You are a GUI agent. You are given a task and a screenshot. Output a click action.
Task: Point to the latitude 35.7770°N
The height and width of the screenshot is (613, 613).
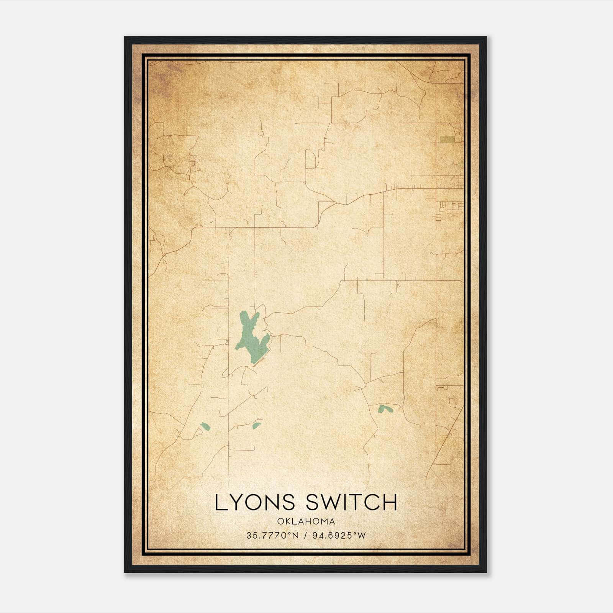(272, 536)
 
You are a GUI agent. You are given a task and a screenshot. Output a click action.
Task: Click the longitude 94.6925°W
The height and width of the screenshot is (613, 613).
(338, 536)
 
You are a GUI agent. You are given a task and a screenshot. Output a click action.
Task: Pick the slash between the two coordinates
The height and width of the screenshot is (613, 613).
(305, 536)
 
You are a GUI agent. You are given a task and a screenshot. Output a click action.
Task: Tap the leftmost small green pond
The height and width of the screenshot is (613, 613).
(205, 426)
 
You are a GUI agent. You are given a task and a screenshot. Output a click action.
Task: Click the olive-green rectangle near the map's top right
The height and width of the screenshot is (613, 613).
(447, 139)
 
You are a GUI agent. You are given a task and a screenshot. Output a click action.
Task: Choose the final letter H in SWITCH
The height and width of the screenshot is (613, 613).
(390, 502)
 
